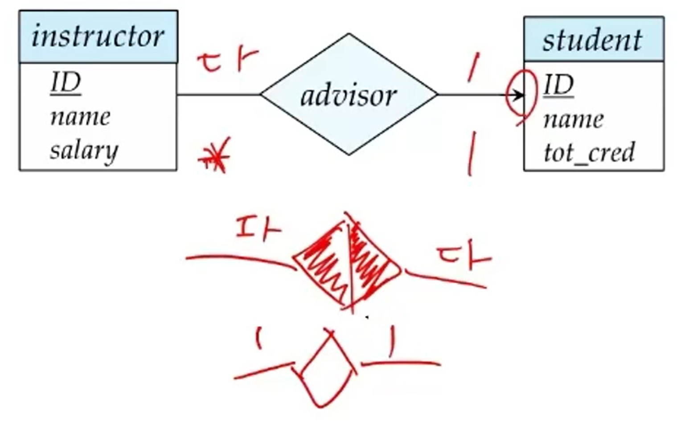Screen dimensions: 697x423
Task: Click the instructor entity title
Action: pyautogui.click(x=98, y=36)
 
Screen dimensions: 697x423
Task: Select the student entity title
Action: pyautogui.click(x=592, y=40)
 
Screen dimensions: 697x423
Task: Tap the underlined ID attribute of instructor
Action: pyautogui.click(x=66, y=83)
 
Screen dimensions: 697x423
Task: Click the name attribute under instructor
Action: pyautogui.click(x=80, y=117)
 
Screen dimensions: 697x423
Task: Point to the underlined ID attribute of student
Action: pyautogui.click(x=558, y=85)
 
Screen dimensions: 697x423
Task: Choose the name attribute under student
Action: pyautogui.click(x=574, y=119)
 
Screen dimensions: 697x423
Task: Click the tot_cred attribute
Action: pyautogui.click(x=589, y=153)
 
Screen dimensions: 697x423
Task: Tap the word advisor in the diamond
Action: pyautogui.click(x=348, y=95)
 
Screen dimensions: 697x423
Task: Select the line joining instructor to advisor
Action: pyautogui.click(x=218, y=94)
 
